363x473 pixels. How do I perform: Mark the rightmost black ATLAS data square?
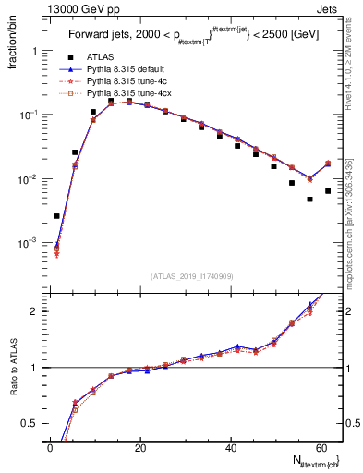pyautogui.click(x=327, y=191)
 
